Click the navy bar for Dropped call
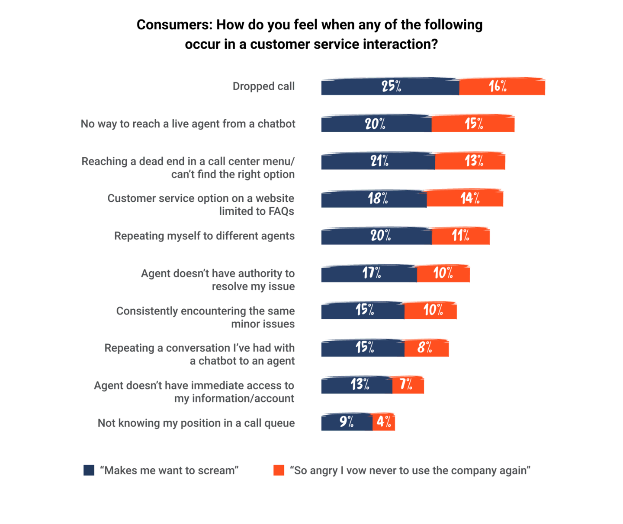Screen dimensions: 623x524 pos(390,86)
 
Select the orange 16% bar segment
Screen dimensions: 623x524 pos(502,86)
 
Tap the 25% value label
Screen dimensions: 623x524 pos(391,86)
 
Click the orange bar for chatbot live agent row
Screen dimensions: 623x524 pos(473,123)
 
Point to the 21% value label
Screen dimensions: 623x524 pos(379,161)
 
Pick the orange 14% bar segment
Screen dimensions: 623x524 pos(465,198)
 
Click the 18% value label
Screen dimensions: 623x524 pos(378,198)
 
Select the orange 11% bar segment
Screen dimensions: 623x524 pos(460,235)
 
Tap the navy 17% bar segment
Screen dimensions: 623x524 pos(369,273)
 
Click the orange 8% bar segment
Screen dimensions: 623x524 pos(427,348)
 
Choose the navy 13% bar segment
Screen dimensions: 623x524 pos(357,385)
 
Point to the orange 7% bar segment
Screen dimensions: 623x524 pos(408,385)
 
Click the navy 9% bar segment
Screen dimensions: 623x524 pos(347,422)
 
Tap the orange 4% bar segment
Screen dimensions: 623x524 pos(384,422)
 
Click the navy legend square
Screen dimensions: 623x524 pos(89,470)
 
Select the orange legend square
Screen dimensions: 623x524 pos(279,470)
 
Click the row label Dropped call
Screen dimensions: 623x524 pos(263,86)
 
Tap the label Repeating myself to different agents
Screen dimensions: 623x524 pos(204,235)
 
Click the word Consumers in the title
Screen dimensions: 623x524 pos(174,25)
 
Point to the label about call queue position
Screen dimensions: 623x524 pos(196,423)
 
